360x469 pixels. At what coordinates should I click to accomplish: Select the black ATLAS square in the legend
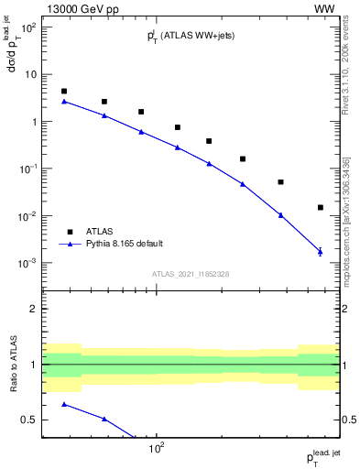click(x=70, y=231)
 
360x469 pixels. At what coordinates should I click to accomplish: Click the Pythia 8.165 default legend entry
click(x=123, y=244)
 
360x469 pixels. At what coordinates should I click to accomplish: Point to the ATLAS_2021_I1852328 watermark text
click(x=191, y=274)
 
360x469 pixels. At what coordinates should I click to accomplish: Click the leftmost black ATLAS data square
click(x=64, y=92)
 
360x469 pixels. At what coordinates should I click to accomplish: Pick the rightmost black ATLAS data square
click(x=320, y=208)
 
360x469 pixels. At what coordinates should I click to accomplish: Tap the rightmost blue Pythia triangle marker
click(x=320, y=251)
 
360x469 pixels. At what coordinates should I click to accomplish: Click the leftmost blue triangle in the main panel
click(x=64, y=101)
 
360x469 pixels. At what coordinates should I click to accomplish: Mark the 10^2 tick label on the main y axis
click(x=27, y=27)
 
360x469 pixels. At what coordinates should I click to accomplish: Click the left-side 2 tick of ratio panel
click(x=35, y=309)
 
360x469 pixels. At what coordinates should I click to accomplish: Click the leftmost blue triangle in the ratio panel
click(x=64, y=404)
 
